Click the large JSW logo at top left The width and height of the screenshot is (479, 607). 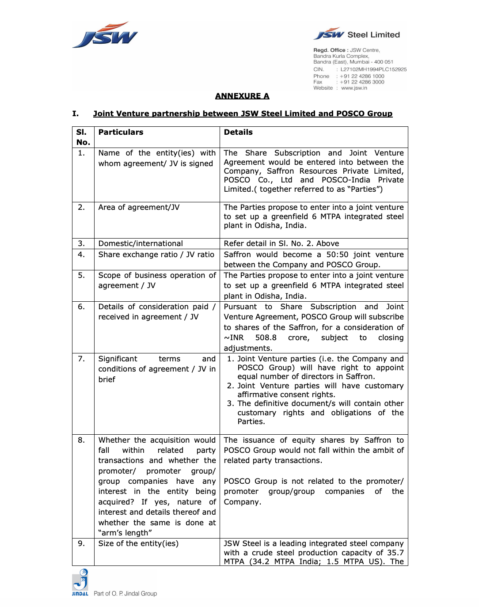(x=105, y=35)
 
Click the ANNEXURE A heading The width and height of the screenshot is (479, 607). (x=242, y=96)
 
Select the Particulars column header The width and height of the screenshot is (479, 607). (x=121, y=132)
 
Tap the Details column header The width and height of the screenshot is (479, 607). (x=238, y=132)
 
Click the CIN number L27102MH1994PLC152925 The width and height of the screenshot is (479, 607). (x=373, y=69)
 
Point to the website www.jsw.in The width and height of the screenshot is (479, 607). (x=354, y=88)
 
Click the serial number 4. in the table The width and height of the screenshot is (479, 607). (x=81, y=254)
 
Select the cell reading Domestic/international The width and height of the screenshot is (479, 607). (x=141, y=243)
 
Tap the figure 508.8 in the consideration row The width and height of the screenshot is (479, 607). (x=266, y=338)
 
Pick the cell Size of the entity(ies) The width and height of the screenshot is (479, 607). (x=138, y=543)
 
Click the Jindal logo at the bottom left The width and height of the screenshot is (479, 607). (x=80, y=582)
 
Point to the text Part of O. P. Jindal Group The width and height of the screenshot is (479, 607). (x=125, y=593)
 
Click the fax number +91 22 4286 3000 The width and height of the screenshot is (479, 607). (x=362, y=82)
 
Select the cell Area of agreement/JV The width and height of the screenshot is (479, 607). (x=139, y=207)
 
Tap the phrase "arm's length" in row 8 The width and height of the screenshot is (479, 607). (x=125, y=533)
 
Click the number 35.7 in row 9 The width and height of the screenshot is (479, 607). (x=395, y=553)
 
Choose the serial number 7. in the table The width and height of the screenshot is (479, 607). (x=81, y=359)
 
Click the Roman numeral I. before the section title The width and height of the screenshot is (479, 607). (x=76, y=114)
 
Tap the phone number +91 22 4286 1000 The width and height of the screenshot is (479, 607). (x=362, y=76)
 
